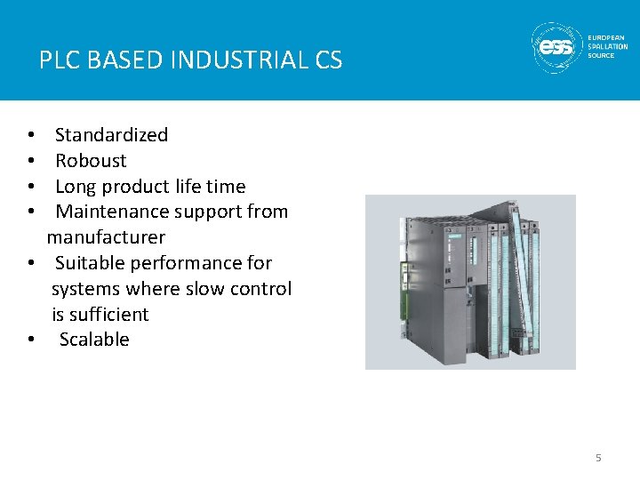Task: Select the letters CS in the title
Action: (x=328, y=60)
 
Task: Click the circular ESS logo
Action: (x=556, y=47)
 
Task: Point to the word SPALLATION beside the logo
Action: (x=608, y=46)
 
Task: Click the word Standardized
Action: (x=111, y=135)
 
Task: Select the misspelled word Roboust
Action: (x=91, y=161)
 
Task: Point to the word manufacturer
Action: (x=106, y=237)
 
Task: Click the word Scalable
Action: (x=94, y=340)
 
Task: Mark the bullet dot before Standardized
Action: (x=31, y=136)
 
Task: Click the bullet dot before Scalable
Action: (x=31, y=340)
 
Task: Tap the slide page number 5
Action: (x=598, y=458)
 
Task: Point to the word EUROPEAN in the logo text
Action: (x=608, y=37)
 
